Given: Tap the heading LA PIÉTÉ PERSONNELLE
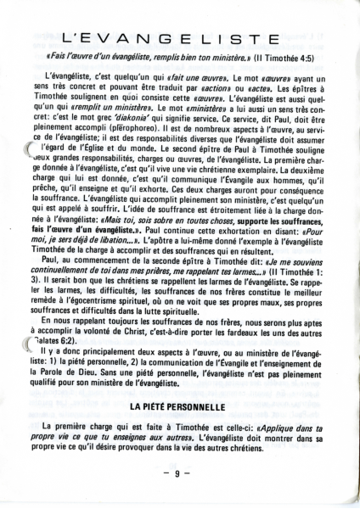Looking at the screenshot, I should pos(179,408).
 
